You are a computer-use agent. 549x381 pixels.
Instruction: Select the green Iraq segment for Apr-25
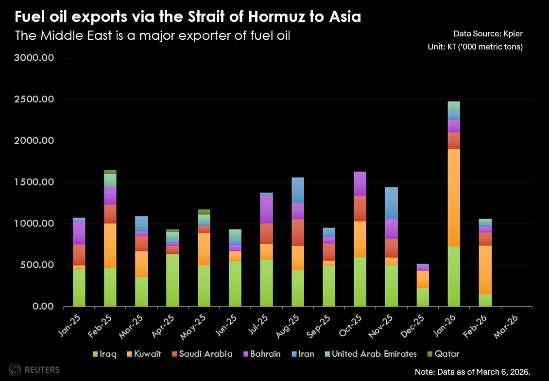click(172, 280)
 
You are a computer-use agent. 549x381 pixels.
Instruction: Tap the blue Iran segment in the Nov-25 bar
click(392, 203)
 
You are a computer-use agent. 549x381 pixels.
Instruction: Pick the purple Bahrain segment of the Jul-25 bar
click(266, 209)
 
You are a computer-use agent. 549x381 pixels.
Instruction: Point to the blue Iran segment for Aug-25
click(297, 190)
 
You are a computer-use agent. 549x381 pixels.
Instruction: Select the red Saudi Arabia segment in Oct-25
click(360, 209)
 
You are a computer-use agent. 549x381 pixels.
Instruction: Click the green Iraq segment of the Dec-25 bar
click(423, 297)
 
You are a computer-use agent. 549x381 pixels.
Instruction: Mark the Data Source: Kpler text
click(488, 33)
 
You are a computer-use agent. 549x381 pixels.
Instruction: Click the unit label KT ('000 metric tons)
click(474, 47)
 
